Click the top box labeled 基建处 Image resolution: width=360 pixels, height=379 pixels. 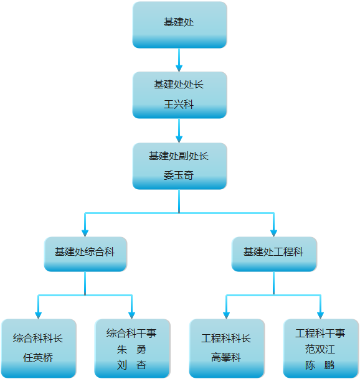[x=179, y=25]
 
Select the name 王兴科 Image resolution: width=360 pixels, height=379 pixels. [x=179, y=105]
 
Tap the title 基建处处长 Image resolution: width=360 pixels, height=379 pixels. [x=179, y=85]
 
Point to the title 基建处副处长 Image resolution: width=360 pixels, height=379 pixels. [x=179, y=156]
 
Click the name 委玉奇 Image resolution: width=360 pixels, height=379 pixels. [x=179, y=175]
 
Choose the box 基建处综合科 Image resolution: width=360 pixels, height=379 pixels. [x=85, y=254]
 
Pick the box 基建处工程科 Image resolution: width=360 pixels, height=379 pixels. [x=274, y=254]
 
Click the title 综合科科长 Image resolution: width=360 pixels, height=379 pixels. [x=38, y=338]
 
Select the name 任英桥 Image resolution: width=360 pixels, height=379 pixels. [x=38, y=357]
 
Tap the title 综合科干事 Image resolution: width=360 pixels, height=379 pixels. [x=131, y=333]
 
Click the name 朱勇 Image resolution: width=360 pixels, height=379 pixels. [x=131, y=349]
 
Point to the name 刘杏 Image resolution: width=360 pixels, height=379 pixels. [x=131, y=365]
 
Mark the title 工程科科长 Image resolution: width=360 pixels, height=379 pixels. [x=226, y=338]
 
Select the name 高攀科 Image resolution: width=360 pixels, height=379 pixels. [x=226, y=357]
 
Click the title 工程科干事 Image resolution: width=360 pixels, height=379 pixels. [x=320, y=333]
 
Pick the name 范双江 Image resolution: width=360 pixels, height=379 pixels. [x=320, y=349]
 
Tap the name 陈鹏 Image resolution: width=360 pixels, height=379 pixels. [x=320, y=365]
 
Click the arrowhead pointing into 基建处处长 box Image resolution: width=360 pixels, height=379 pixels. [x=179, y=68]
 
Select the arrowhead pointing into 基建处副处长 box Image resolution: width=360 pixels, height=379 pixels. [x=179, y=139]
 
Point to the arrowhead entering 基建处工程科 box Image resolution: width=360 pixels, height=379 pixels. [x=273, y=233]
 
